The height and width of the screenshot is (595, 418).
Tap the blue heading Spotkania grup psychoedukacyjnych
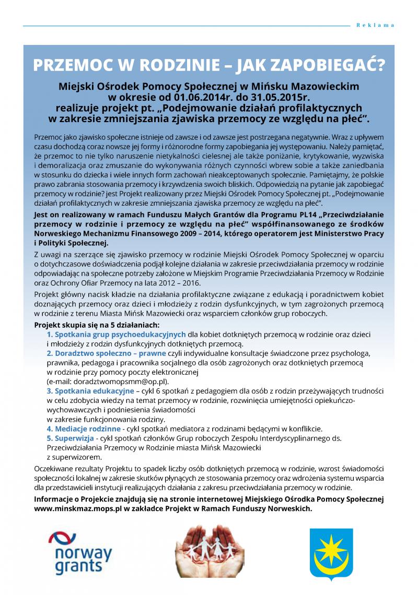(x=116, y=334)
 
